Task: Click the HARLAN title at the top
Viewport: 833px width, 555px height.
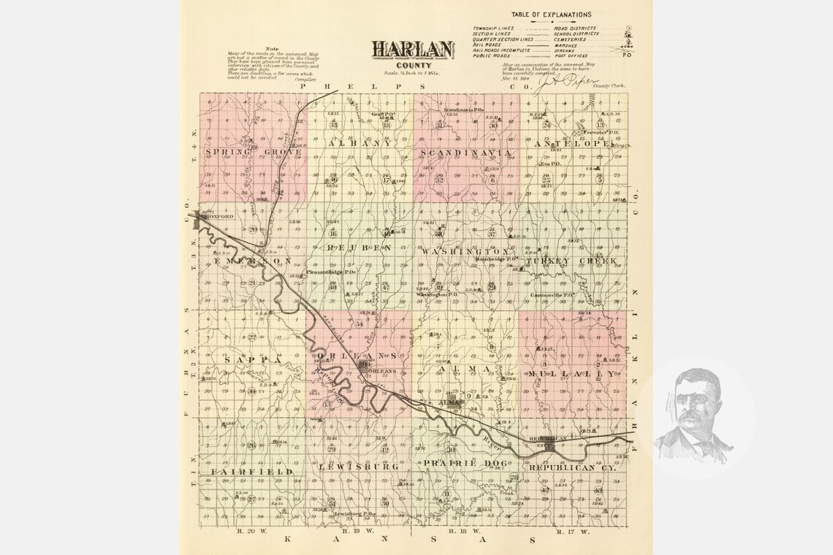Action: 413,49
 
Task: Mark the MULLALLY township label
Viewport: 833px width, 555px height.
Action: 571,374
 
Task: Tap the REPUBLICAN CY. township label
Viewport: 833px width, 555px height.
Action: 572,467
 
